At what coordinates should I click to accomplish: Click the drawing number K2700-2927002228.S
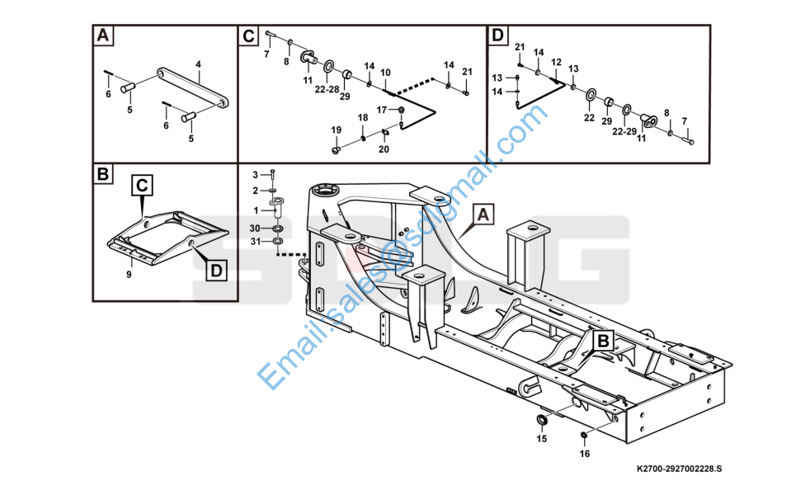click(680, 469)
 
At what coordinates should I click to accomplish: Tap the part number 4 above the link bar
click(198, 64)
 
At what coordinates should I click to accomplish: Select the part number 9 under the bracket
click(130, 275)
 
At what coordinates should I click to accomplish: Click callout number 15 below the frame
click(541, 439)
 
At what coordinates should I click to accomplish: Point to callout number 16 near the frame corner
click(584, 454)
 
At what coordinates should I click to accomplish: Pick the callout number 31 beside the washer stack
click(256, 241)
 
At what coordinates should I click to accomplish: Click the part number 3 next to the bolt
click(255, 175)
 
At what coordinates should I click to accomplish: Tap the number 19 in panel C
click(337, 130)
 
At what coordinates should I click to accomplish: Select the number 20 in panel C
click(384, 149)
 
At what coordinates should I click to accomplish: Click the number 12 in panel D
click(556, 62)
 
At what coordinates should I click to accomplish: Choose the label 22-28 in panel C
click(327, 89)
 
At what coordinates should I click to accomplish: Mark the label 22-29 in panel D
click(624, 132)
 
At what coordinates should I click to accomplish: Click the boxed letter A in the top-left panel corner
click(103, 35)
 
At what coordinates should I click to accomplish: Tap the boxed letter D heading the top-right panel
click(497, 35)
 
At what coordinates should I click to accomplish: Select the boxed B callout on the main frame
click(603, 341)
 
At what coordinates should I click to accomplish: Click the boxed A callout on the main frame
click(483, 214)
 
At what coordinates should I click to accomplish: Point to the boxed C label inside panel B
click(142, 185)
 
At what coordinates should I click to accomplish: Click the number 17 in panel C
click(382, 110)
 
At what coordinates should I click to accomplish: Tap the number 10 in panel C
click(385, 73)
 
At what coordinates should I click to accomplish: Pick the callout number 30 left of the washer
click(255, 229)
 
